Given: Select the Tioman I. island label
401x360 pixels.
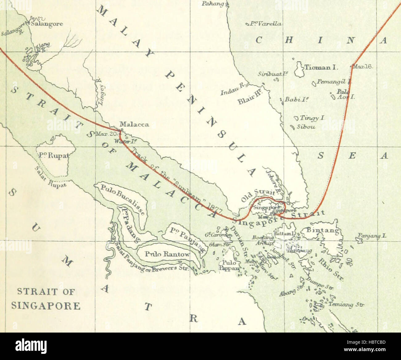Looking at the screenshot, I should click(x=322, y=67).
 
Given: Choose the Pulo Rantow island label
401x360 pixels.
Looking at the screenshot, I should click(x=167, y=255).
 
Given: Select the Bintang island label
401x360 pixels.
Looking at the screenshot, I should click(x=322, y=230).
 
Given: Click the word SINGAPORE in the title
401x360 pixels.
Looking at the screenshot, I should click(x=46, y=306).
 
